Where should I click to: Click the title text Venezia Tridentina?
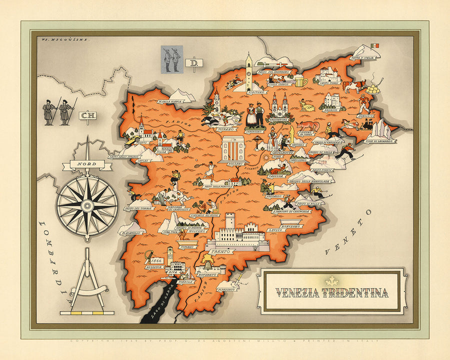(x=332, y=293)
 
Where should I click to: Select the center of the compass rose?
(x=87, y=205)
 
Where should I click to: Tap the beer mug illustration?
(x=300, y=81)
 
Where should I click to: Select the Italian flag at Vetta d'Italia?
(x=374, y=45)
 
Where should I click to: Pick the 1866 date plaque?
(x=157, y=260)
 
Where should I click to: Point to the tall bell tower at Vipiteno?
(x=248, y=72)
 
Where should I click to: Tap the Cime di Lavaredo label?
(x=379, y=141)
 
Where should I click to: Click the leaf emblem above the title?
(x=332, y=281)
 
